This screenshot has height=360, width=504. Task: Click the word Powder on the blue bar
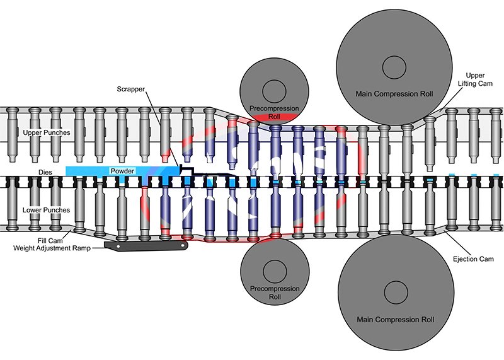click(x=122, y=171)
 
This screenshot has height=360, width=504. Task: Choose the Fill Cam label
click(x=52, y=240)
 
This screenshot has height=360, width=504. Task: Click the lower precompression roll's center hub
click(x=273, y=269)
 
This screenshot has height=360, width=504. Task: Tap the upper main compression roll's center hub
click(x=394, y=66)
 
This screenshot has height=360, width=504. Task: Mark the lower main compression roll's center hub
click(x=394, y=291)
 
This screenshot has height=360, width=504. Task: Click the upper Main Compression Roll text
click(x=394, y=94)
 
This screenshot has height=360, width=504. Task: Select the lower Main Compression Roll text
click(x=394, y=320)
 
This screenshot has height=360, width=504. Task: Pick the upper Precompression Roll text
click(x=273, y=111)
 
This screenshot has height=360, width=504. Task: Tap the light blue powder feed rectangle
click(x=94, y=171)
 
